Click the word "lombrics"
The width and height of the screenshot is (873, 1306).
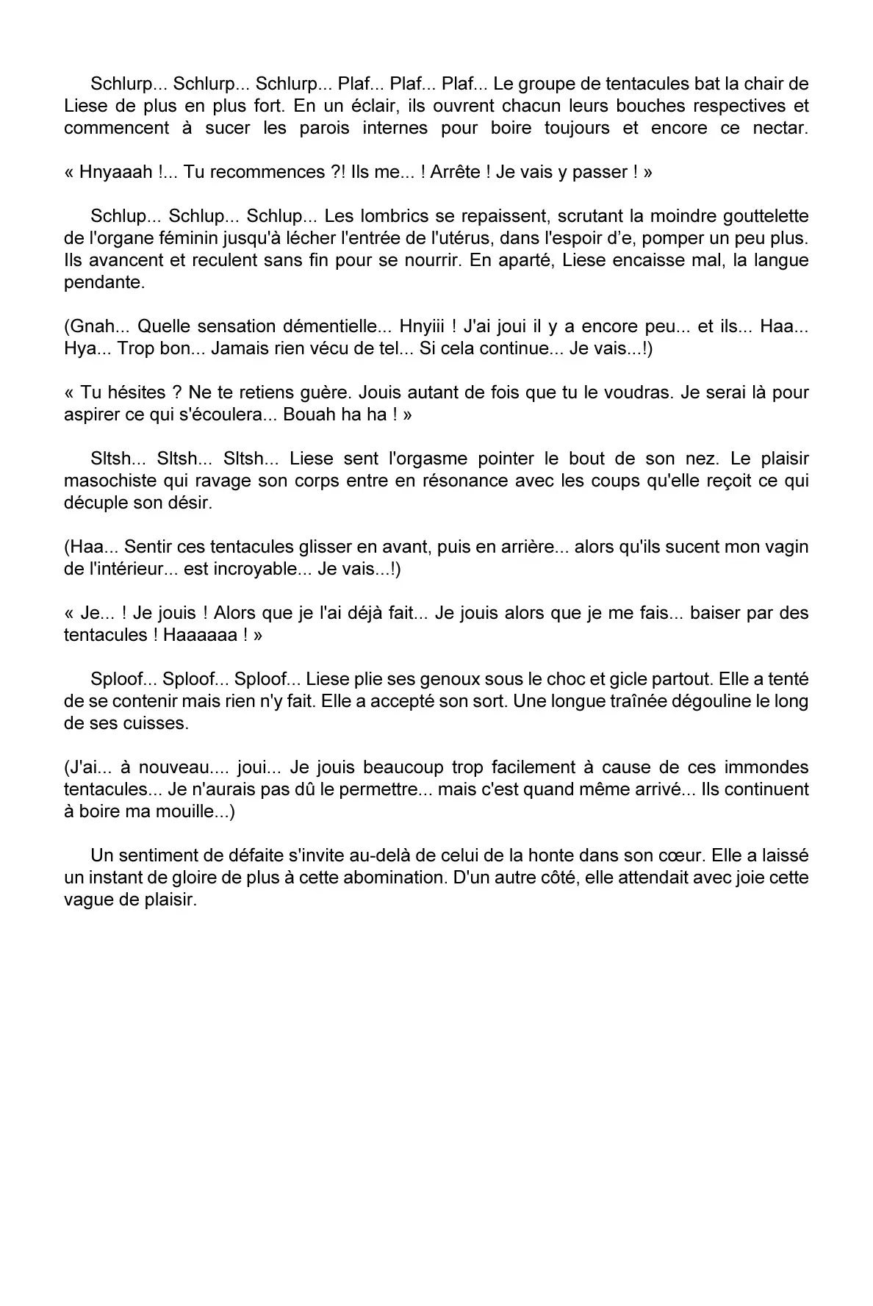[x=384, y=216]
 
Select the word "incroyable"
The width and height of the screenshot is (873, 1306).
[x=242, y=569]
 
